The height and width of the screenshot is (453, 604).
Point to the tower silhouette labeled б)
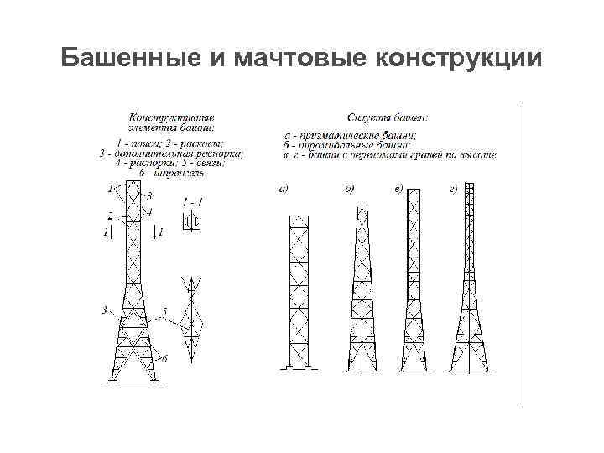pyautogui.click(x=358, y=294)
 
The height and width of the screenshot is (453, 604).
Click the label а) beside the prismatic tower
pyautogui.click(x=284, y=190)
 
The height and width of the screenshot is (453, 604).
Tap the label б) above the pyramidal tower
pyautogui.click(x=349, y=190)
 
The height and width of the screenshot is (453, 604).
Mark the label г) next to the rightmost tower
pyautogui.click(x=453, y=190)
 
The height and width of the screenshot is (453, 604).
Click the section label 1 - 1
pyautogui.click(x=192, y=202)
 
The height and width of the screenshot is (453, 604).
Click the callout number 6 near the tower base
pyautogui.click(x=164, y=358)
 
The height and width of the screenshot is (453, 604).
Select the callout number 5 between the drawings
pyautogui.click(x=164, y=312)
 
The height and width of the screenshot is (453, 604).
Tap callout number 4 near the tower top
pyautogui.click(x=149, y=212)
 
